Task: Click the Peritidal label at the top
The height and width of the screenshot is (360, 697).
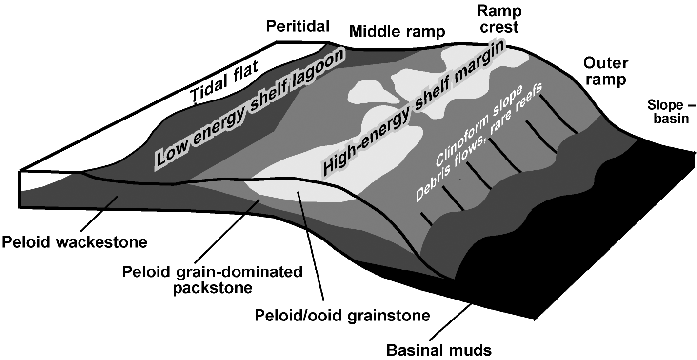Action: (298, 26)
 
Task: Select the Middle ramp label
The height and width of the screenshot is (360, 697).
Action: (398, 32)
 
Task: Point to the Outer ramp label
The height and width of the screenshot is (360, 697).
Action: (605, 71)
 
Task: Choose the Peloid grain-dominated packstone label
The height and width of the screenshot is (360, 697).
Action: (212, 279)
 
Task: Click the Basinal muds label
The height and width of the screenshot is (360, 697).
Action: (439, 350)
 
